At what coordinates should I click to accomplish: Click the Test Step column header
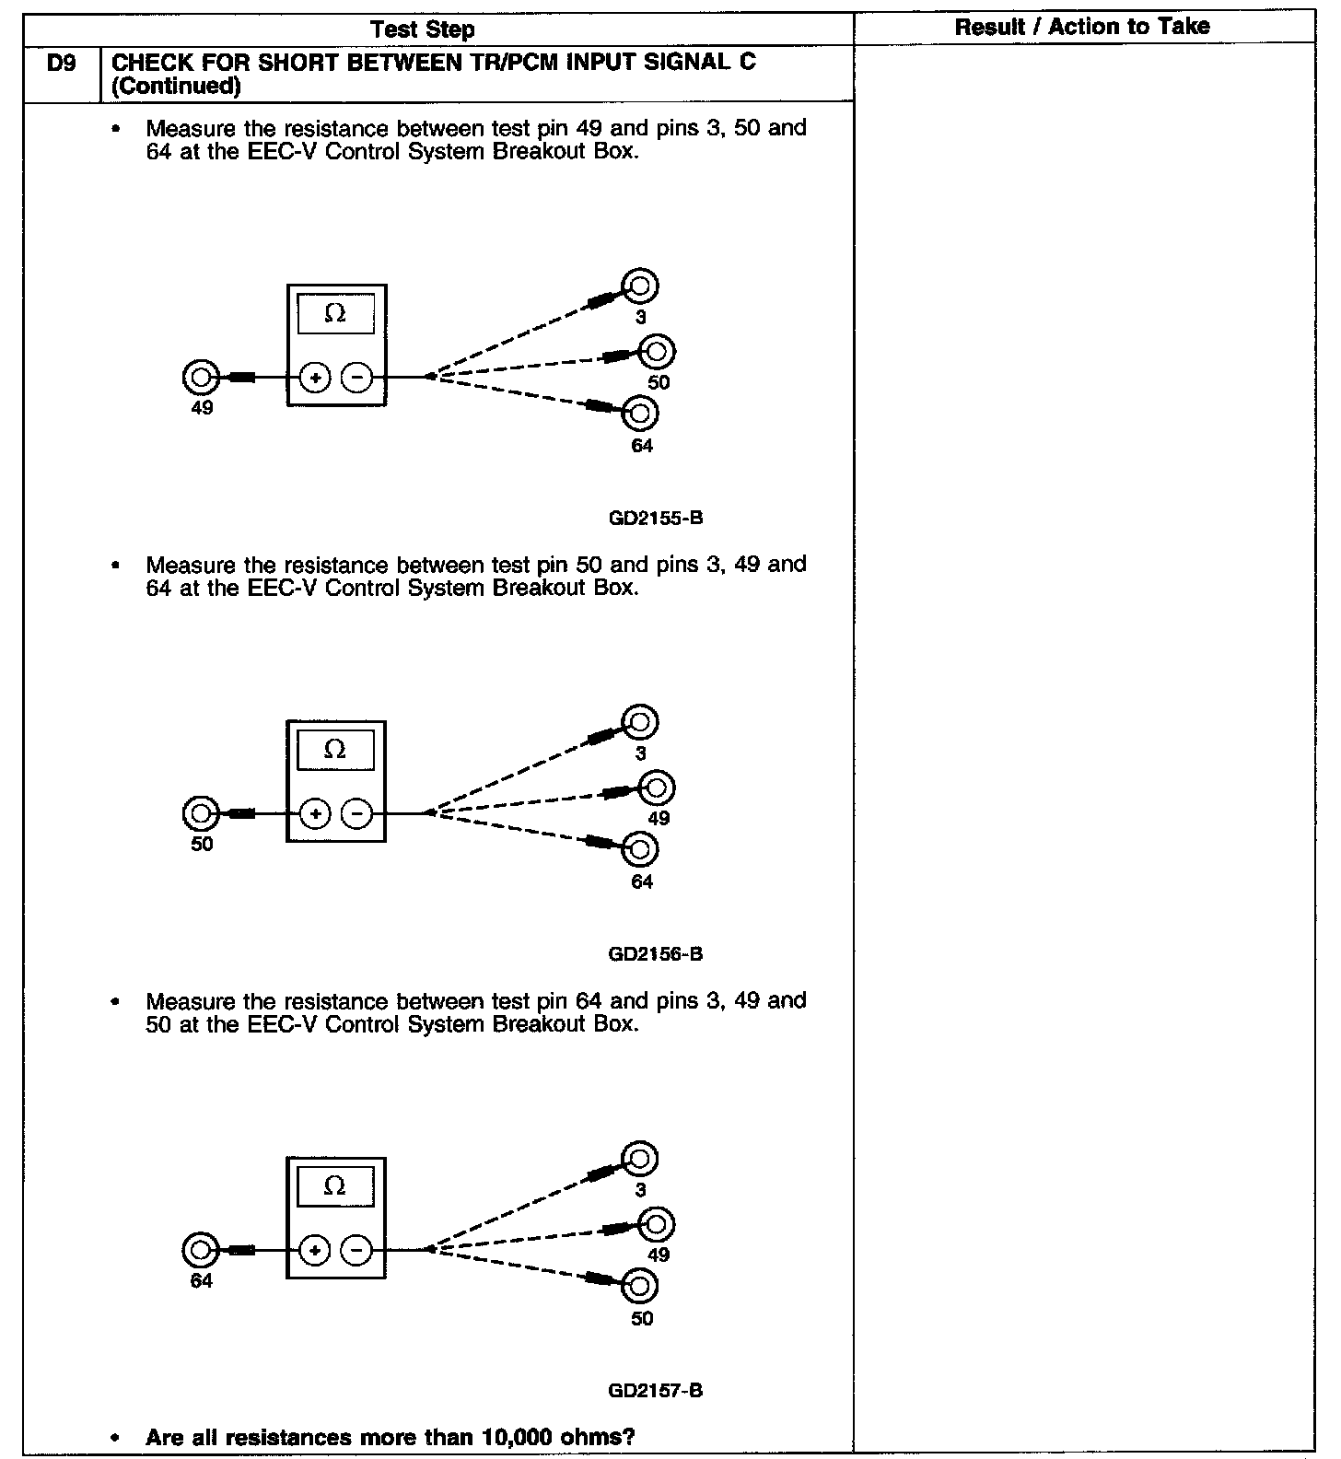pos(423,29)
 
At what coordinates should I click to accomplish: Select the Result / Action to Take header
pos(1082,27)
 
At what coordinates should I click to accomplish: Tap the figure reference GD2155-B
pos(656,518)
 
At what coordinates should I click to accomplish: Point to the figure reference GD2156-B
pos(656,954)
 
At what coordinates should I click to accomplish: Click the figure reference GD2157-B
pos(656,1390)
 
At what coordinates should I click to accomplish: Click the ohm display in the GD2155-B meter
pos(336,314)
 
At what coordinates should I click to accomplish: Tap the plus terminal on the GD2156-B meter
pos(315,813)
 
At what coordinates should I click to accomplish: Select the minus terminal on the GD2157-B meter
pos(357,1250)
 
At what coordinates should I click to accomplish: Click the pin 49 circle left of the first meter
pos(200,377)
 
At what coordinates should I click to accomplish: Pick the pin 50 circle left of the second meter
pos(200,813)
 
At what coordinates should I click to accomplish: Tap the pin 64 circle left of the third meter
pos(200,1250)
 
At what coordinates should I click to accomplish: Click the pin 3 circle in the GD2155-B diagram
pos(640,286)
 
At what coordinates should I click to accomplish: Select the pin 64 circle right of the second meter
pos(640,849)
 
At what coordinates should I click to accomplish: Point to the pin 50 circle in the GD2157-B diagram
pos(640,1285)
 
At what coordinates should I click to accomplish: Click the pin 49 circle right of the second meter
pos(657,788)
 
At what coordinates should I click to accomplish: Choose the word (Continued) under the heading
pos(176,87)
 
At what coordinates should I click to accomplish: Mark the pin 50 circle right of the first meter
pos(657,351)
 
